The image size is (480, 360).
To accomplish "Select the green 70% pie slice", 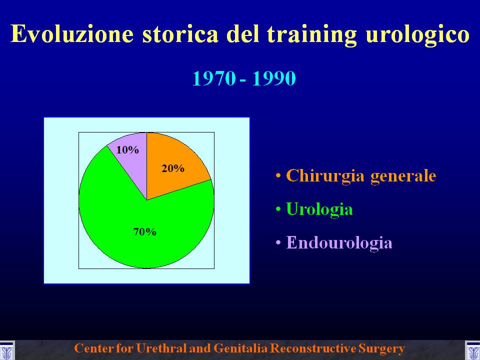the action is [144, 226].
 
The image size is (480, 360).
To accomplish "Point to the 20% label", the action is [173, 168].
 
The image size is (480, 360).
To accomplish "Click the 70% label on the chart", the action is [145, 232].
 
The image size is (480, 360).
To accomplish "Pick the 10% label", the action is [127, 150].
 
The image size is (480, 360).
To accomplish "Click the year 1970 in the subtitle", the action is [214, 78].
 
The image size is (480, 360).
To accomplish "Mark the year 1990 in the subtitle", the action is [274, 78].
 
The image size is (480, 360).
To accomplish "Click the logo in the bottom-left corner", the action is [6, 350].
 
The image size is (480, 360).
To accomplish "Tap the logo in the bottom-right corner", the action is [472, 350].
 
